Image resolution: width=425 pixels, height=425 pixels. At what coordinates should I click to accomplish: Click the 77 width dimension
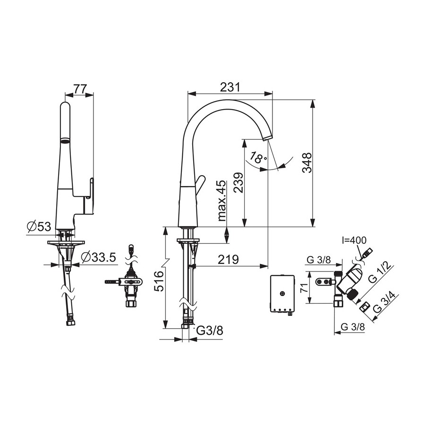[x=80, y=89]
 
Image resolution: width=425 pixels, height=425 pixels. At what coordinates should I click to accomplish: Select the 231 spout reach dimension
[x=230, y=87]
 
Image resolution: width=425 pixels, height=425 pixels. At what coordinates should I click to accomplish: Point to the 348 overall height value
[x=307, y=163]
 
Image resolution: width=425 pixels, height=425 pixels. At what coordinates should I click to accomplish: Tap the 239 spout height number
[x=238, y=182]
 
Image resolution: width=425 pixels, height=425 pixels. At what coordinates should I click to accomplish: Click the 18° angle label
[x=258, y=157]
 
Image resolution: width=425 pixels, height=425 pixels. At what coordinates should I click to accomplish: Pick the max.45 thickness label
[x=221, y=201]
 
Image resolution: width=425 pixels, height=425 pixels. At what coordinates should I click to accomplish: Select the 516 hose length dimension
[x=159, y=281]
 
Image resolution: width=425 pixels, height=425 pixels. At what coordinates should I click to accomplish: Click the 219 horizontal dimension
[x=229, y=260]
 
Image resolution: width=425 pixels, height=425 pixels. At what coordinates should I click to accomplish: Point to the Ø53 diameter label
[x=39, y=226]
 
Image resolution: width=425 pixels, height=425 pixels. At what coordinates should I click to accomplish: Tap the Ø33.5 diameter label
[x=99, y=257]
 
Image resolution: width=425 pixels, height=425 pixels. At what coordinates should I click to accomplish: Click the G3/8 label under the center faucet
[x=210, y=331]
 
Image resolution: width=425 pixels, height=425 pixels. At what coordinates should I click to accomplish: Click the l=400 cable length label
[x=354, y=240]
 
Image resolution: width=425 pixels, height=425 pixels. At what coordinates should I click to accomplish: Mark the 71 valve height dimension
[x=305, y=287]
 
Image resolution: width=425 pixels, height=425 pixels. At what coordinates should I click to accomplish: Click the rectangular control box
[x=282, y=294]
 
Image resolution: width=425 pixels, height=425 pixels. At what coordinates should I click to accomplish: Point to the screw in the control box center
[x=282, y=293]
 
